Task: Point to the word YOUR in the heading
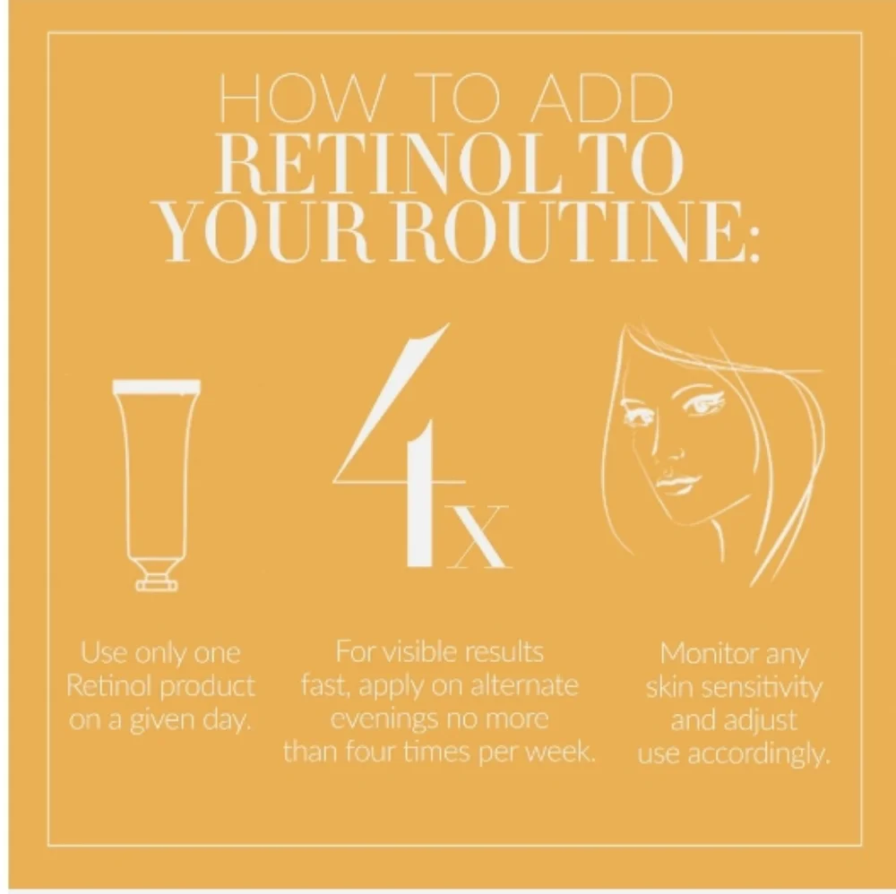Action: coord(247,237)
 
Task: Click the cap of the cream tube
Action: coord(156,579)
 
